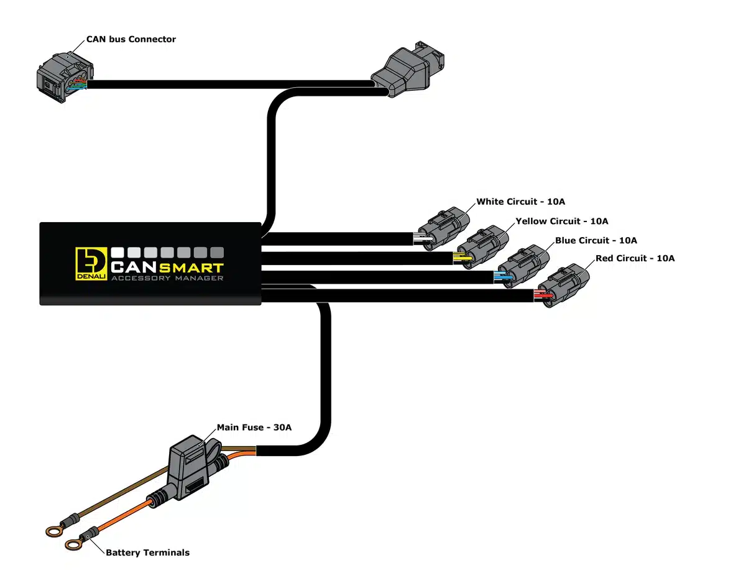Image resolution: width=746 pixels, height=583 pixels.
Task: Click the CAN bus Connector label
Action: click(131, 39)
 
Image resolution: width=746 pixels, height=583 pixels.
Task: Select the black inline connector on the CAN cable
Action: click(404, 70)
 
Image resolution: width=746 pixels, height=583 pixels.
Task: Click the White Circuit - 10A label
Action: click(520, 202)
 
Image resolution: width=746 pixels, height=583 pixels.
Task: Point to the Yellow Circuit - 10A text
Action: click(561, 221)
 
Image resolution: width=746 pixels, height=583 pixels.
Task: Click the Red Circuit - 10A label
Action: click(635, 258)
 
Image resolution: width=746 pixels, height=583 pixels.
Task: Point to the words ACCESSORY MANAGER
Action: click(167, 278)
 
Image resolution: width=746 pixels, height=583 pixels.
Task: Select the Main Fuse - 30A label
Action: click(254, 427)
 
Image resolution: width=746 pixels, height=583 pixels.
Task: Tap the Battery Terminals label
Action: click(147, 552)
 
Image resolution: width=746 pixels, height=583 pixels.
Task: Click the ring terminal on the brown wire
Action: click(52, 531)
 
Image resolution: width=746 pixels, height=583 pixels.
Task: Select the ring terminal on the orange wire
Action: click(73, 545)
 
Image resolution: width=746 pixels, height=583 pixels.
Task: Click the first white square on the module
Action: click(118, 253)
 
